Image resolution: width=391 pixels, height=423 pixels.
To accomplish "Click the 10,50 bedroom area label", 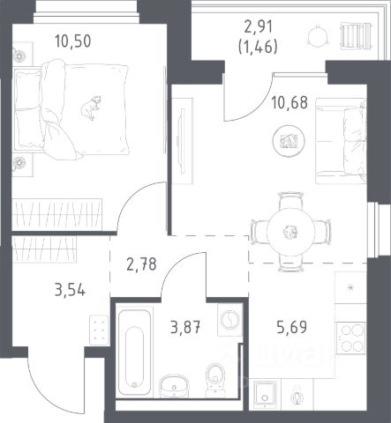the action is point(73,41).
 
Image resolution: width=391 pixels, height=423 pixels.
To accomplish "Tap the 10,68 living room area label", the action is point(289,102).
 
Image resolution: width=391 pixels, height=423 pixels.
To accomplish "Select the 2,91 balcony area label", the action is point(259,27).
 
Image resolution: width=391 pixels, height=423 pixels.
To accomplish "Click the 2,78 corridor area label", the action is point(141,264).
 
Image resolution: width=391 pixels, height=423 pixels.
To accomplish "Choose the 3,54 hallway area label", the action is point(70,290).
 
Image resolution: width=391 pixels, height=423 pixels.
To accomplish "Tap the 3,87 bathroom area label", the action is point(185,327).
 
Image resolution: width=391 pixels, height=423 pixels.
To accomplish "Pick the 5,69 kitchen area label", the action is point(292,327).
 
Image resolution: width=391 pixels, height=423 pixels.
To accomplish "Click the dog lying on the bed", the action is point(91,108).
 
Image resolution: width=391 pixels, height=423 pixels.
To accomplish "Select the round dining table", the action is point(291,232).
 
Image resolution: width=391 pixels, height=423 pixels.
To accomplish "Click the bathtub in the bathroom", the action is point(135,352).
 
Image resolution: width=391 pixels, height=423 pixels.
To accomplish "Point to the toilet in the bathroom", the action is point(215,378).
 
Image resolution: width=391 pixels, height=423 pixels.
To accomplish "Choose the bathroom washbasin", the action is point(174,386).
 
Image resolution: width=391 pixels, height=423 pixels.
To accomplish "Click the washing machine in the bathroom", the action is point(229,319).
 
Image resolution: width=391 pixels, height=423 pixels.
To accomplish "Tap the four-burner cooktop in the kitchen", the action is point(350,338).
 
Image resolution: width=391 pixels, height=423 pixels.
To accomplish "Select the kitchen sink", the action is point(265,395).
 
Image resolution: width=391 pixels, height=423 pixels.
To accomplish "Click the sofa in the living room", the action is point(341,141).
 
